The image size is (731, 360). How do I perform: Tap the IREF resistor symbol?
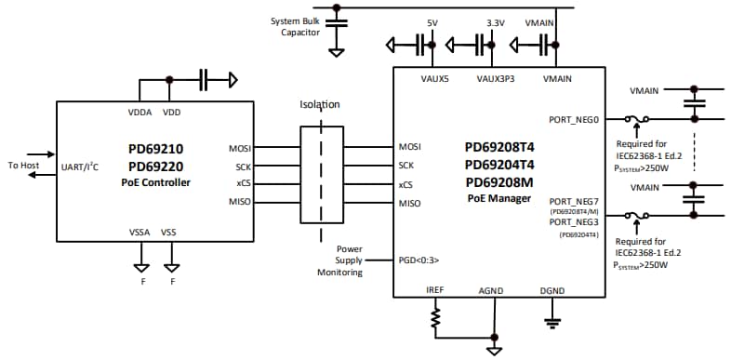tap(433, 320)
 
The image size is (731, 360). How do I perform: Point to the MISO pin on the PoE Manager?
tap(410, 203)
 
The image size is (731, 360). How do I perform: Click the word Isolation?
tap(319, 105)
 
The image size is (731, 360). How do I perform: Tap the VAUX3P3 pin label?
tap(494, 80)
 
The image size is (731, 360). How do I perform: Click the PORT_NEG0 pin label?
tap(575, 119)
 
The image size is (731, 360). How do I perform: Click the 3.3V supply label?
tap(495, 21)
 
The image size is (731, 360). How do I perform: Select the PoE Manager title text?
tap(499, 199)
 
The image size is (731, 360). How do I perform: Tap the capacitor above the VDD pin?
tap(206, 80)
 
